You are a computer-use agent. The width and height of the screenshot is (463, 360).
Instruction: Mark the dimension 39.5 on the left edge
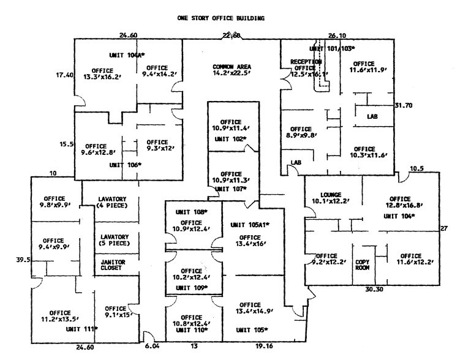pyautogui.click(x=23, y=260)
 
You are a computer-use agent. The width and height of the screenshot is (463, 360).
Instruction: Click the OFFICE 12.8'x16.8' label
pyautogui.click(x=399, y=203)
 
